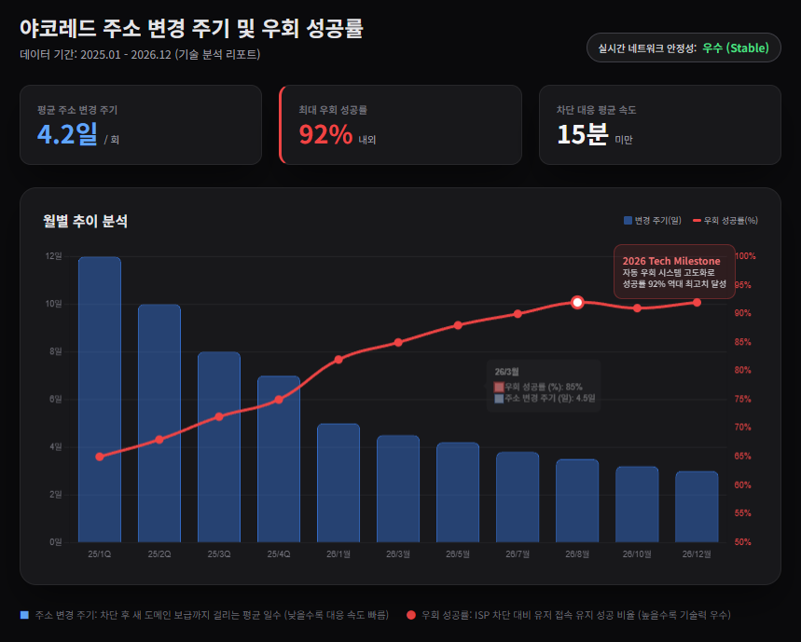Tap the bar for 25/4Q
coord(279,458)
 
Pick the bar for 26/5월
coord(458,492)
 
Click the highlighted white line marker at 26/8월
coord(577,302)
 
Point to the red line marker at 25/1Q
coord(100,457)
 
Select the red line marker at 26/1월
coord(338,360)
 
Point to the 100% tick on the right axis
coord(747,256)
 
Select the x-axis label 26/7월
coord(518,553)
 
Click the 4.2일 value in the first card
coord(67,135)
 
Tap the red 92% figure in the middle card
coord(325,135)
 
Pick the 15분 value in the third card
coord(583,135)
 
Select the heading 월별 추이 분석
coord(85,221)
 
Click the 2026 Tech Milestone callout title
coord(671,260)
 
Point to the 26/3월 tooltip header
coord(506,373)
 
